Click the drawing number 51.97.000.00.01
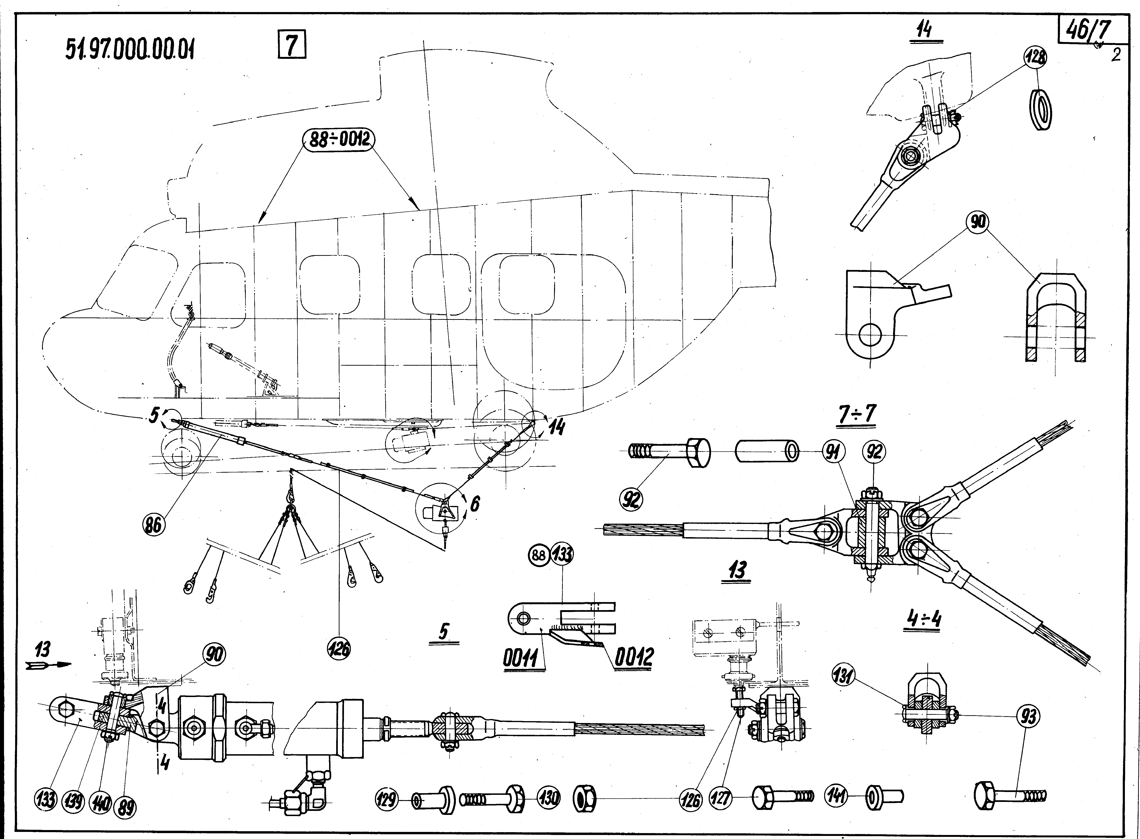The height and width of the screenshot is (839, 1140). pos(130,50)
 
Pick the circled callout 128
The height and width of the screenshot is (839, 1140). pos(1034,57)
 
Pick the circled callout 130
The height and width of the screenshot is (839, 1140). pos(550,797)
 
